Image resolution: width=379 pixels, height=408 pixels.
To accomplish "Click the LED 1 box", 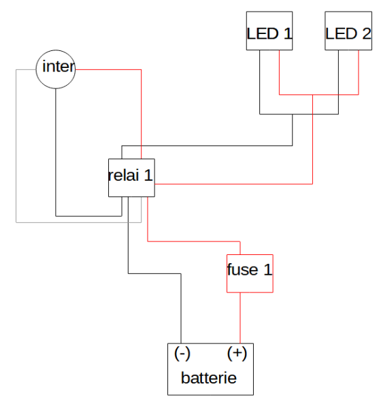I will click(x=269, y=31).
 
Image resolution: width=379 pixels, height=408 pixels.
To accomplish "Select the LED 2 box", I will click(x=348, y=31).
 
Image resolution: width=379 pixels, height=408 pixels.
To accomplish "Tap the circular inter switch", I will click(x=55, y=69).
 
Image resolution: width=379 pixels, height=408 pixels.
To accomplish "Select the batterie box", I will click(x=210, y=369).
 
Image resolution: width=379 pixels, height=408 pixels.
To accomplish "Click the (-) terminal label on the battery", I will click(x=182, y=354).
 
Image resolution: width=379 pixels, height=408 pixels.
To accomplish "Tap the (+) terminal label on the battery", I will click(x=236, y=354).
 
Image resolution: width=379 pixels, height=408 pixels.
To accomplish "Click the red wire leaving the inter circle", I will click(x=109, y=69).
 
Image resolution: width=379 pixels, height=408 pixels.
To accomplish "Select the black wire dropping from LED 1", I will click(x=259, y=82).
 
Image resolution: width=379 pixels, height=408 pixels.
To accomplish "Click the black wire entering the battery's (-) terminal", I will click(x=181, y=313).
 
